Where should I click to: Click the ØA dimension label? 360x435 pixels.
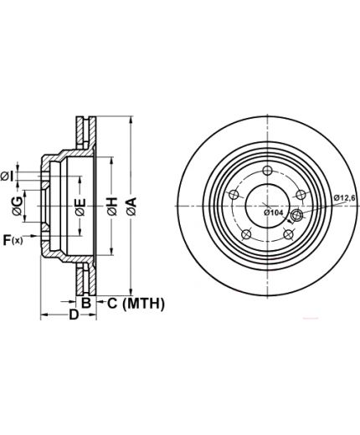coord(131,207)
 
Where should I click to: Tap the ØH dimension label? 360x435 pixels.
coord(112,207)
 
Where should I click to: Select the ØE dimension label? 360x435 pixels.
coord(80,207)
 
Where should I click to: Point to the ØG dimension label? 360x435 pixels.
coord(18,206)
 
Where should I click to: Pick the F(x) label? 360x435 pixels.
coord(13,240)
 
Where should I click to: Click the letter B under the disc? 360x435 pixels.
coord(86,303)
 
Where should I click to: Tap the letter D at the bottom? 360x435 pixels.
coord(74,315)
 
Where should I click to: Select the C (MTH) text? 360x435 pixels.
coord(136,304)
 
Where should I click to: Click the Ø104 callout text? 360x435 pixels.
coord(274,212)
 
